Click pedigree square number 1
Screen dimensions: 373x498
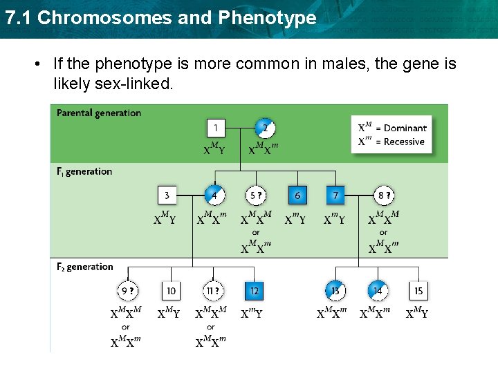tap(216, 128)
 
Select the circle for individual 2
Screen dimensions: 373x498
tap(265, 128)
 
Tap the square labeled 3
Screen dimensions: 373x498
tap(167, 195)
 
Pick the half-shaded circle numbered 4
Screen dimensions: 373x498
tap(214, 195)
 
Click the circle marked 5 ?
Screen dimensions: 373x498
tap(256, 195)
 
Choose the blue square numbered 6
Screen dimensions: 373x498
tap(297, 195)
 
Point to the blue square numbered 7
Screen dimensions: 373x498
tap(335, 195)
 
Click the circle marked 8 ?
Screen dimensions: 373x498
tap(383, 195)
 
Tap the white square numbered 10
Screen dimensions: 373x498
tap(171, 291)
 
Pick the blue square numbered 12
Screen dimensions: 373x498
tap(254, 291)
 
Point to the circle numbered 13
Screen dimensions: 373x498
tap(335, 291)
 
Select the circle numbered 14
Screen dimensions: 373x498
tap(377, 291)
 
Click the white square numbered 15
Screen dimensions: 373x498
tap(418, 291)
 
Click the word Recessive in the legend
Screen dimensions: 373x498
tap(404, 142)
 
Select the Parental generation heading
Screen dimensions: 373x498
tap(98, 113)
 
